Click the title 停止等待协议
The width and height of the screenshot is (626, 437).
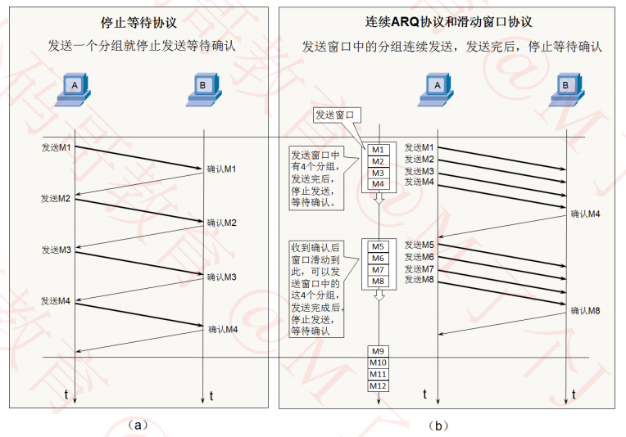point(140,22)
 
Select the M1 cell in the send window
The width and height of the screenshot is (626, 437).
point(378,150)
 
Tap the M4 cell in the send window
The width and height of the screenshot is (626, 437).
point(378,184)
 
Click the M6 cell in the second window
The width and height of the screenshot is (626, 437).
point(378,258)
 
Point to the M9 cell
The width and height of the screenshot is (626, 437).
point(378,351)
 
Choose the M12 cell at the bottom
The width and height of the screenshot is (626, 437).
point(378,385)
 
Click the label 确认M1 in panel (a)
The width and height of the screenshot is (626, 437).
point(221,169)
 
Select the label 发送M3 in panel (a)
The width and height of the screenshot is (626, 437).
point(57,250)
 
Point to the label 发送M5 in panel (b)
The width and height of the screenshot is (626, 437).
point(419,245)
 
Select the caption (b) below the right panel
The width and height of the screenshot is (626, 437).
point(438,425)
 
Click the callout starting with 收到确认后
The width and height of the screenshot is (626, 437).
point(315,287)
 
